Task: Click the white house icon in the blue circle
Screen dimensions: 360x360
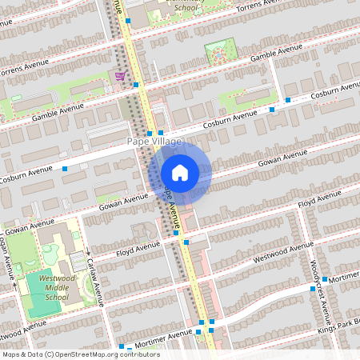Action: tap(180, 173)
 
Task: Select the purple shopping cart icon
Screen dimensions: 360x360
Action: tap(120, 76)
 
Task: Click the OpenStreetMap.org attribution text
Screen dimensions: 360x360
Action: tap(103, 354)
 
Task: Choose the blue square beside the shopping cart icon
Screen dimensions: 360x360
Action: tap(136, 84)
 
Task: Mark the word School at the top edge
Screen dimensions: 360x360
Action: tap(186, 8)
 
